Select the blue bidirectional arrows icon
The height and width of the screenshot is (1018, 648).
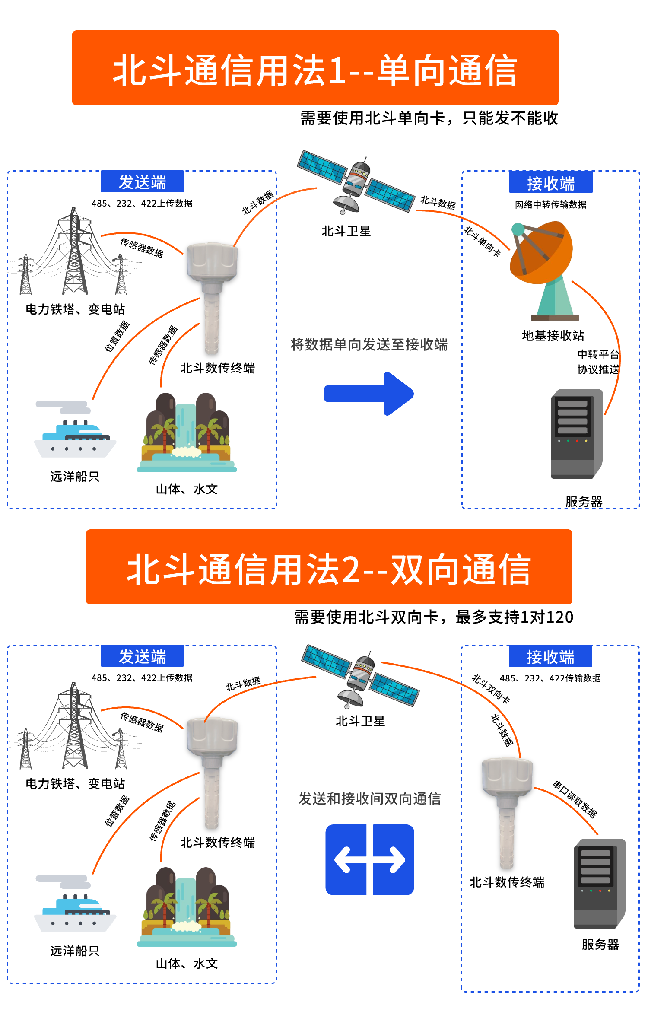click(x=369, y=859)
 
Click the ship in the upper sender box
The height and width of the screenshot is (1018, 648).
click(x=75, y=432)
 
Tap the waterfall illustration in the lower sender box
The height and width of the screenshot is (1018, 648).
click(x=187, y=907)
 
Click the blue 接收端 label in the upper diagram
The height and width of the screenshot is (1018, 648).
click(x=550, y=183)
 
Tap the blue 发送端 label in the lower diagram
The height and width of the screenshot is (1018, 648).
click(x=142, y=656)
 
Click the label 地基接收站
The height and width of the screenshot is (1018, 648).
click(x=553, y=335)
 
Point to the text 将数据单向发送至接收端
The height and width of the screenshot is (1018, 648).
click(x=369, y=344)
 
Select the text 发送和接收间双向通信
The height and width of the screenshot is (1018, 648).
click(x=369, y=798)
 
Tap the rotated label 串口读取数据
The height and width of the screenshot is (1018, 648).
click(x=575, y=799)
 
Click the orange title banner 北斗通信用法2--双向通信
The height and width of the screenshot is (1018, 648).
click(x=329, y=567)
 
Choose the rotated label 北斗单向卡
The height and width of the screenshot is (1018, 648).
click(x=482, y=241)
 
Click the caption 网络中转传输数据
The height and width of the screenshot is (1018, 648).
click(x=550, y=205)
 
